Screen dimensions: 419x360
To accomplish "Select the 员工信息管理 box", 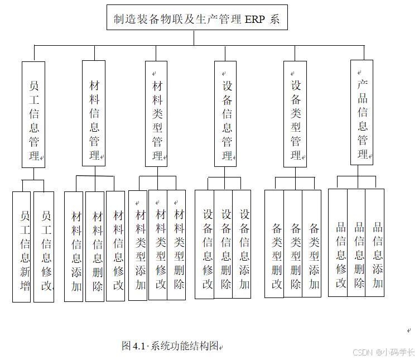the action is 33,114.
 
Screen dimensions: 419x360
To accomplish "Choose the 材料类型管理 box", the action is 157,114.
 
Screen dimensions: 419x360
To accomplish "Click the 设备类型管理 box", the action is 295,114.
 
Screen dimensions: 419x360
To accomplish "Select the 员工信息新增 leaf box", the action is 22,247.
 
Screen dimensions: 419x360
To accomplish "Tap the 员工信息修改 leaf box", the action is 44,247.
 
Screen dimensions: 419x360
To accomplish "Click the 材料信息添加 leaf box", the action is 74,247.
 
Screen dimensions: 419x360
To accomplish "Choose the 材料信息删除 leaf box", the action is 95,247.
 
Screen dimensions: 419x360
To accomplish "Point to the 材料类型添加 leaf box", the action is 138,246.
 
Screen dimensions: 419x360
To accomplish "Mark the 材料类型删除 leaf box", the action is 177,246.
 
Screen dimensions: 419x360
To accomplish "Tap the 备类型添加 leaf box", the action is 312,244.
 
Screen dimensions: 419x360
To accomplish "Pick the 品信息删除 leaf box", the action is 357,243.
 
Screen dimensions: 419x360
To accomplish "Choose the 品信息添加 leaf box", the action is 375,243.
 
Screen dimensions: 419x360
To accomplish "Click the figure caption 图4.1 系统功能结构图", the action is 170,346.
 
